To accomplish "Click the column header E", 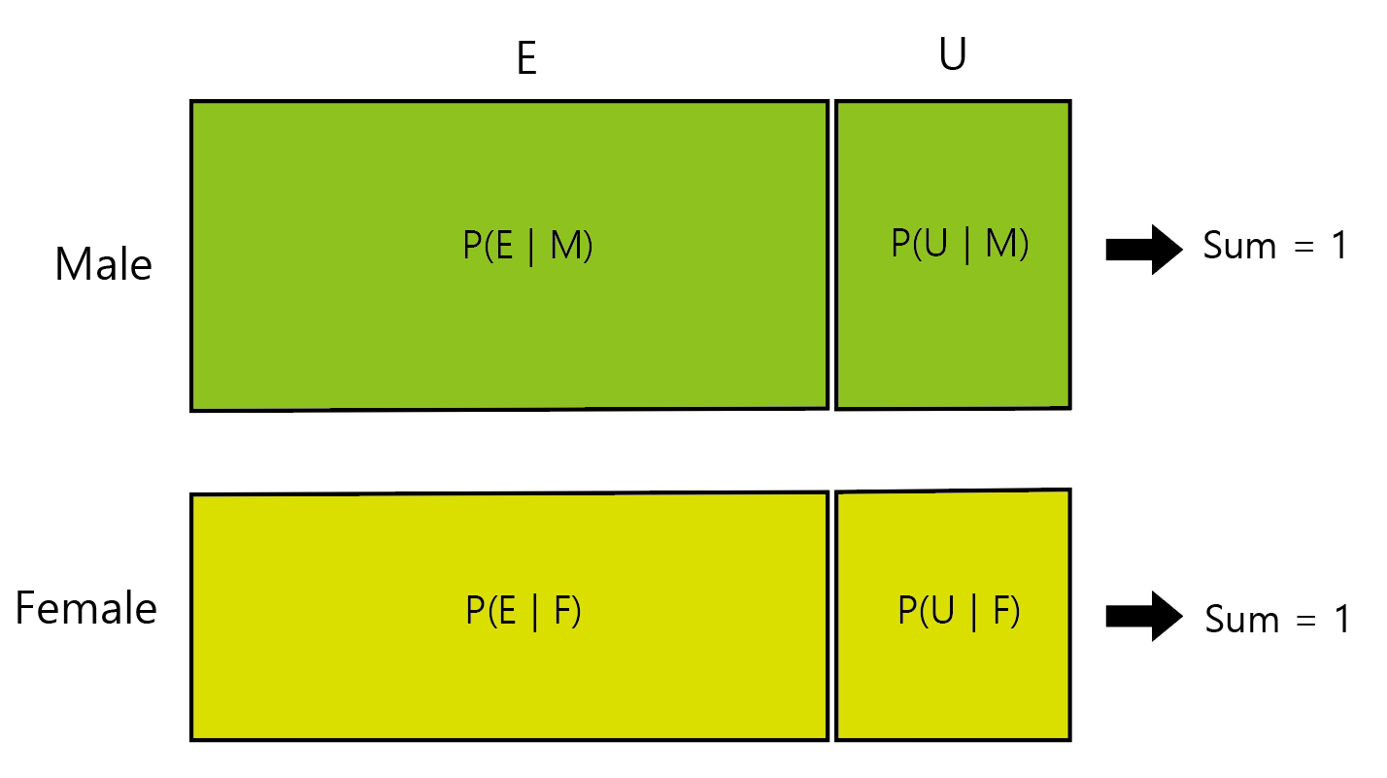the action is [x=525, y=60].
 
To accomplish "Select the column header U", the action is [x=953, y=57].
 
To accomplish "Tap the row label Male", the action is [x=103, y=264].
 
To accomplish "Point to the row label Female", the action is [x=86, y=609].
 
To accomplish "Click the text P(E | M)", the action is [x=527, y=248].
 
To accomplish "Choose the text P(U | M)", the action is [x=959, y=245].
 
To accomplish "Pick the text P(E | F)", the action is [x=524, y=612].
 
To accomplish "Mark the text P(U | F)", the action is [x=959, y=612].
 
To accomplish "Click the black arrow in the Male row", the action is [x=1143, y=250].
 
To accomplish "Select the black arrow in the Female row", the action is [x=1143, y=616].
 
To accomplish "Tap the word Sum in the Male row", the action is [x=1237, y=247].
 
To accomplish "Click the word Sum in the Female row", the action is [x=1240, y=620].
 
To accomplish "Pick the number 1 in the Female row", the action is [x=1340, y=620].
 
